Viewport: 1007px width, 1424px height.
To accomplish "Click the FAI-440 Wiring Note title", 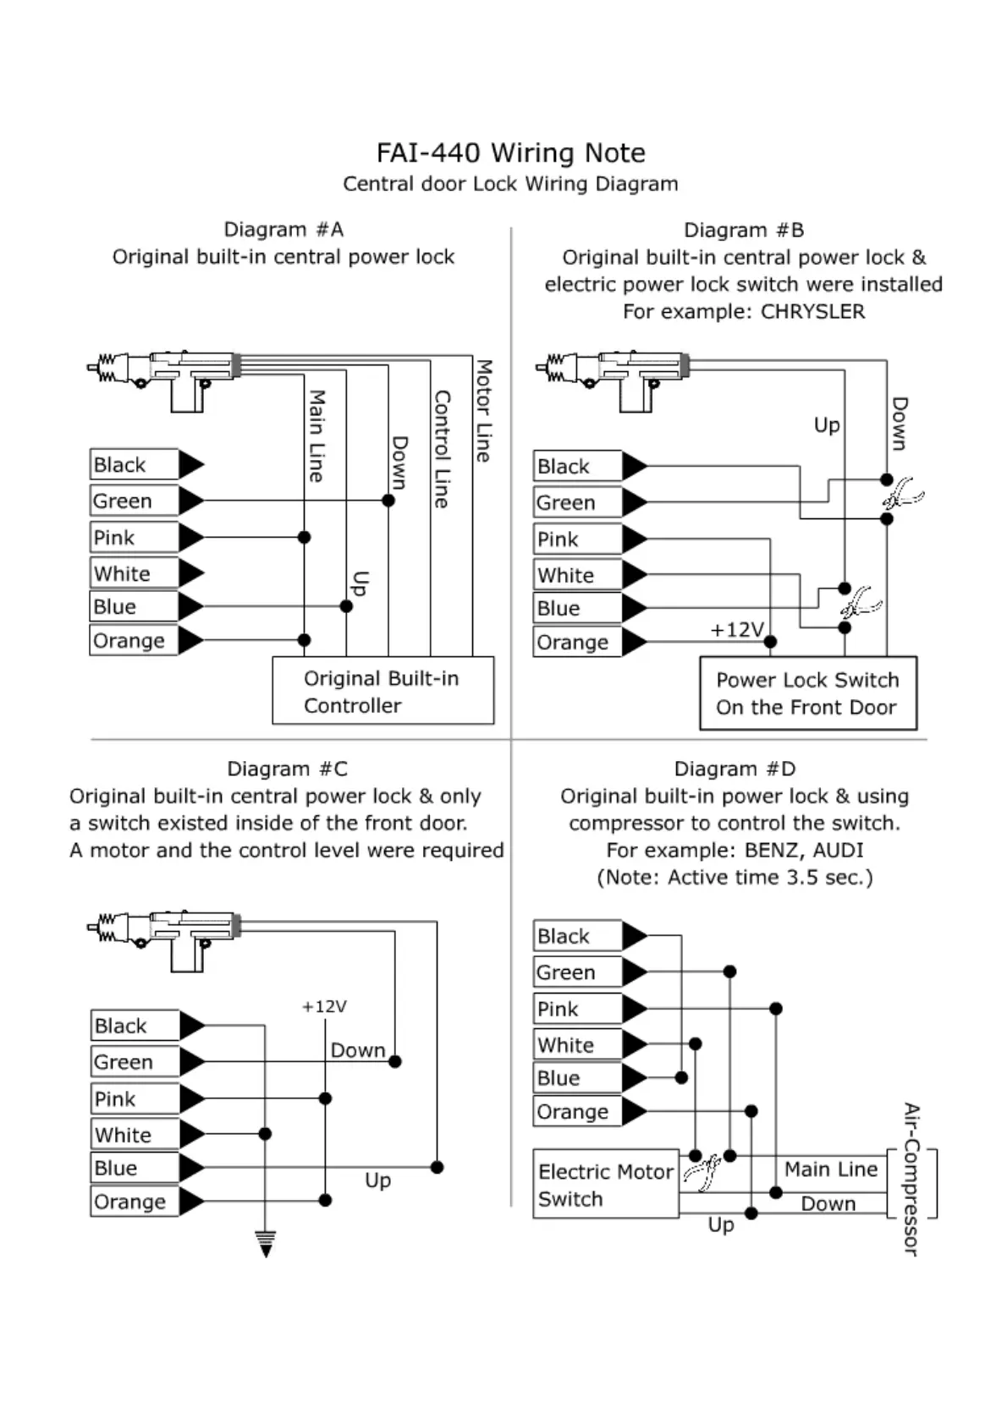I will [510, 153].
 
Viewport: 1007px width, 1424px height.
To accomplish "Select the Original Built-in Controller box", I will [382, 691].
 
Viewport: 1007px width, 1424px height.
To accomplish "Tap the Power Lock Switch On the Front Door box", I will [807, 693].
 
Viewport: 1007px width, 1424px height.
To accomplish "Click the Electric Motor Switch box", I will [605, 1184].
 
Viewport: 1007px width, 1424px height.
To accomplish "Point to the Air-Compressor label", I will [911, 1179].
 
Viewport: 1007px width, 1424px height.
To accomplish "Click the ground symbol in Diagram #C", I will [266, 1244].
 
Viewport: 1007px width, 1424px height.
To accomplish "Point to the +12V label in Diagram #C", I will [324, 1006].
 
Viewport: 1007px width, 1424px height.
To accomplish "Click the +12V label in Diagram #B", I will [736, 630].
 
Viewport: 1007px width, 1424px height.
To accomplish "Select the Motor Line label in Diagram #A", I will [483, 411].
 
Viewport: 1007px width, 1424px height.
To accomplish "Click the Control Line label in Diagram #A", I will [441, 448].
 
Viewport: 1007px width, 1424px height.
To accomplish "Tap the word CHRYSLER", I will [812, 311].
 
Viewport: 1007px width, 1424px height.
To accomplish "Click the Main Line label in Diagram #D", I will [830, 1169].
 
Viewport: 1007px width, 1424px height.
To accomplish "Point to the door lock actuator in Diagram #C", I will [165, 939].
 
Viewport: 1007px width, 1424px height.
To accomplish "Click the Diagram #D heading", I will [735, 769].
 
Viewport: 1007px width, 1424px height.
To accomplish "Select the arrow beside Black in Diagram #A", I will [191, 464].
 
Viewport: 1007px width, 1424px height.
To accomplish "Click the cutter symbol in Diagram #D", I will [702, 1173].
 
